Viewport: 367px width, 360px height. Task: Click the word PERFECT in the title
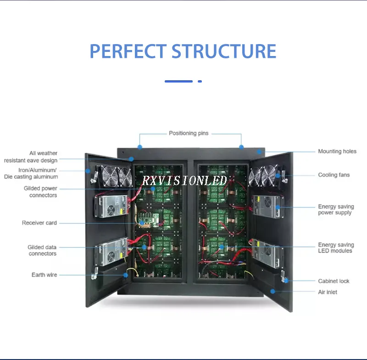pyautogui.click(x=128, y=51)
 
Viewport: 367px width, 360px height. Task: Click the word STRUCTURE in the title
pyautogui.click(x=224, y=51)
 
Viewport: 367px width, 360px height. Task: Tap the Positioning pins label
pyautogui.click(x=189, y=133)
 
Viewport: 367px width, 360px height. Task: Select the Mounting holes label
pyautogui.click(x=337, y=151)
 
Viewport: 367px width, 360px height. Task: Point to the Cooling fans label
pyautogui.click(x=334, y=175)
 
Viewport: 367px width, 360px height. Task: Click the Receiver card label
pyautogui.click(x=39, y=223)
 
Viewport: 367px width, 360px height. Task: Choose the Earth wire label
pyautogui.click(x=44, y=275)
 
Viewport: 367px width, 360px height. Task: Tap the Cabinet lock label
pyautogui.click(x=334, y=281)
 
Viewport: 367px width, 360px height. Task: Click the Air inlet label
pyautogui.click(x=328, y=292)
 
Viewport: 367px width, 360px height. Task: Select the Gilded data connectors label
pyautogui.click(x=42, y=250)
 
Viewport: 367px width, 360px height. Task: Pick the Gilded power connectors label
pyautogui.click(x=41, y=191)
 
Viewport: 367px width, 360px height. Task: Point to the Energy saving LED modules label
pyautogui.click(x=335, y=247)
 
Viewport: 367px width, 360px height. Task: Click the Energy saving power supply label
pyautogui.click(x=335, y=209)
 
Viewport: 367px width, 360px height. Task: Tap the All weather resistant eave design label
pyautogui.click(x=31, y=157)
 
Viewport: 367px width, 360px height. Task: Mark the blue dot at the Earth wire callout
pyautogui.click(x=126, y=275)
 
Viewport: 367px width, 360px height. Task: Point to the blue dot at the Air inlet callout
pyautogui.click(x=272, y=291)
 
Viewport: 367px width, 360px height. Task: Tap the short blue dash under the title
pyautogui.click(x=200, y=81)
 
